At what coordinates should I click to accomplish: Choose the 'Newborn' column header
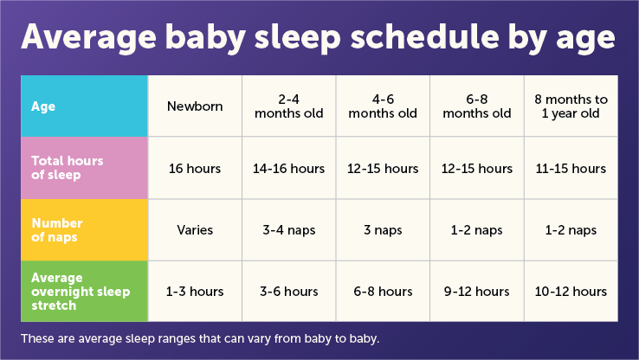pos(195,106)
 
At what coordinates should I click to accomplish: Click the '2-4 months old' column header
pos(289,106)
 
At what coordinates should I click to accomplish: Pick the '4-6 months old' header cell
pos(383,106)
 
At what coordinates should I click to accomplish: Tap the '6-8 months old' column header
pos(477,106)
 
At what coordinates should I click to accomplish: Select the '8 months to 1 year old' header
pos(571,106)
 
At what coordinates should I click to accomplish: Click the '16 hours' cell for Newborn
pos(195,169)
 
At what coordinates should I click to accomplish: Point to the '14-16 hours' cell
pos(289,169)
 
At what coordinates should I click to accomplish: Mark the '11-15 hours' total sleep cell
pos(571,169)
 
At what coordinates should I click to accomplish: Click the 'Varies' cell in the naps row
pos(195,231)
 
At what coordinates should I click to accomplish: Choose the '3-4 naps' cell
pos(289,231)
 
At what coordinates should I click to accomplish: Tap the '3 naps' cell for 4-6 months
pos(383,231)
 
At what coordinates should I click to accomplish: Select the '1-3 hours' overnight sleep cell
pos(195,292)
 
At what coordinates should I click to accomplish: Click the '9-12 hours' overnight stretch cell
pos(477,292)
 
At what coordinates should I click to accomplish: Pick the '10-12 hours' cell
pos(571,292)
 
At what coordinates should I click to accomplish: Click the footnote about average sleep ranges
pos(200,337)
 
